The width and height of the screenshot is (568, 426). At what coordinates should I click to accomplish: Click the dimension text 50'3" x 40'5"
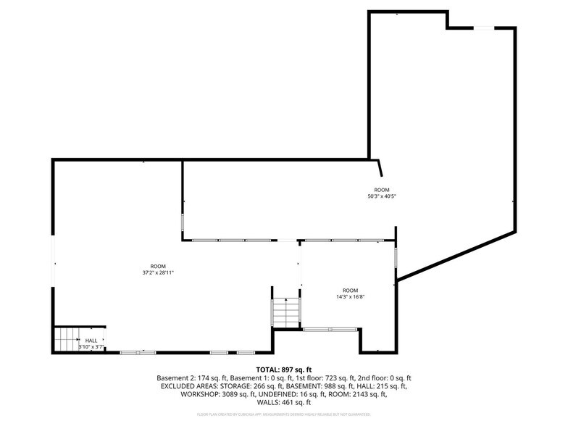[382, 196]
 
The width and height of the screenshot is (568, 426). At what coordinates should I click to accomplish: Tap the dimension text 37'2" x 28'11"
[158, 272]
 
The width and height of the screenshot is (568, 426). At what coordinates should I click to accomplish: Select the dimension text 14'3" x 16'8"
[350, 296]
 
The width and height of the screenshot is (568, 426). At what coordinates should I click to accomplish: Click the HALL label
[91, 341]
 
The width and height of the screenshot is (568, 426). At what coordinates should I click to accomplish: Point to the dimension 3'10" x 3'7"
[92, 347]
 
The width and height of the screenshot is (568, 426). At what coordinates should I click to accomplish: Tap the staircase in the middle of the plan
[285, 312]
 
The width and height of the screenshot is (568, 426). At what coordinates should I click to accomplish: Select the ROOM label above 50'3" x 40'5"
[382, 189]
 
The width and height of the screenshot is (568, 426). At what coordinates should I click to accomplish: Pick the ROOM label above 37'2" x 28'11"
[158, 266]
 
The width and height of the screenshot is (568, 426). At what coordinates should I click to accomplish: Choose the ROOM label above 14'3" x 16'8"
[350, 290]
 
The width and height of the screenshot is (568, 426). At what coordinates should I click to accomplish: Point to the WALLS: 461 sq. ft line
[283, 402]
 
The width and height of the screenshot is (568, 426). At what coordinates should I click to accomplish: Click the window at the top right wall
[484, 28]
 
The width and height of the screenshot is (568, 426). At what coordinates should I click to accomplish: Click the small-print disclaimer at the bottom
[283, 415]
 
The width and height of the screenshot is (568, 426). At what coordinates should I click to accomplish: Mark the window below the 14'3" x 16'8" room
[330, 330]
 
